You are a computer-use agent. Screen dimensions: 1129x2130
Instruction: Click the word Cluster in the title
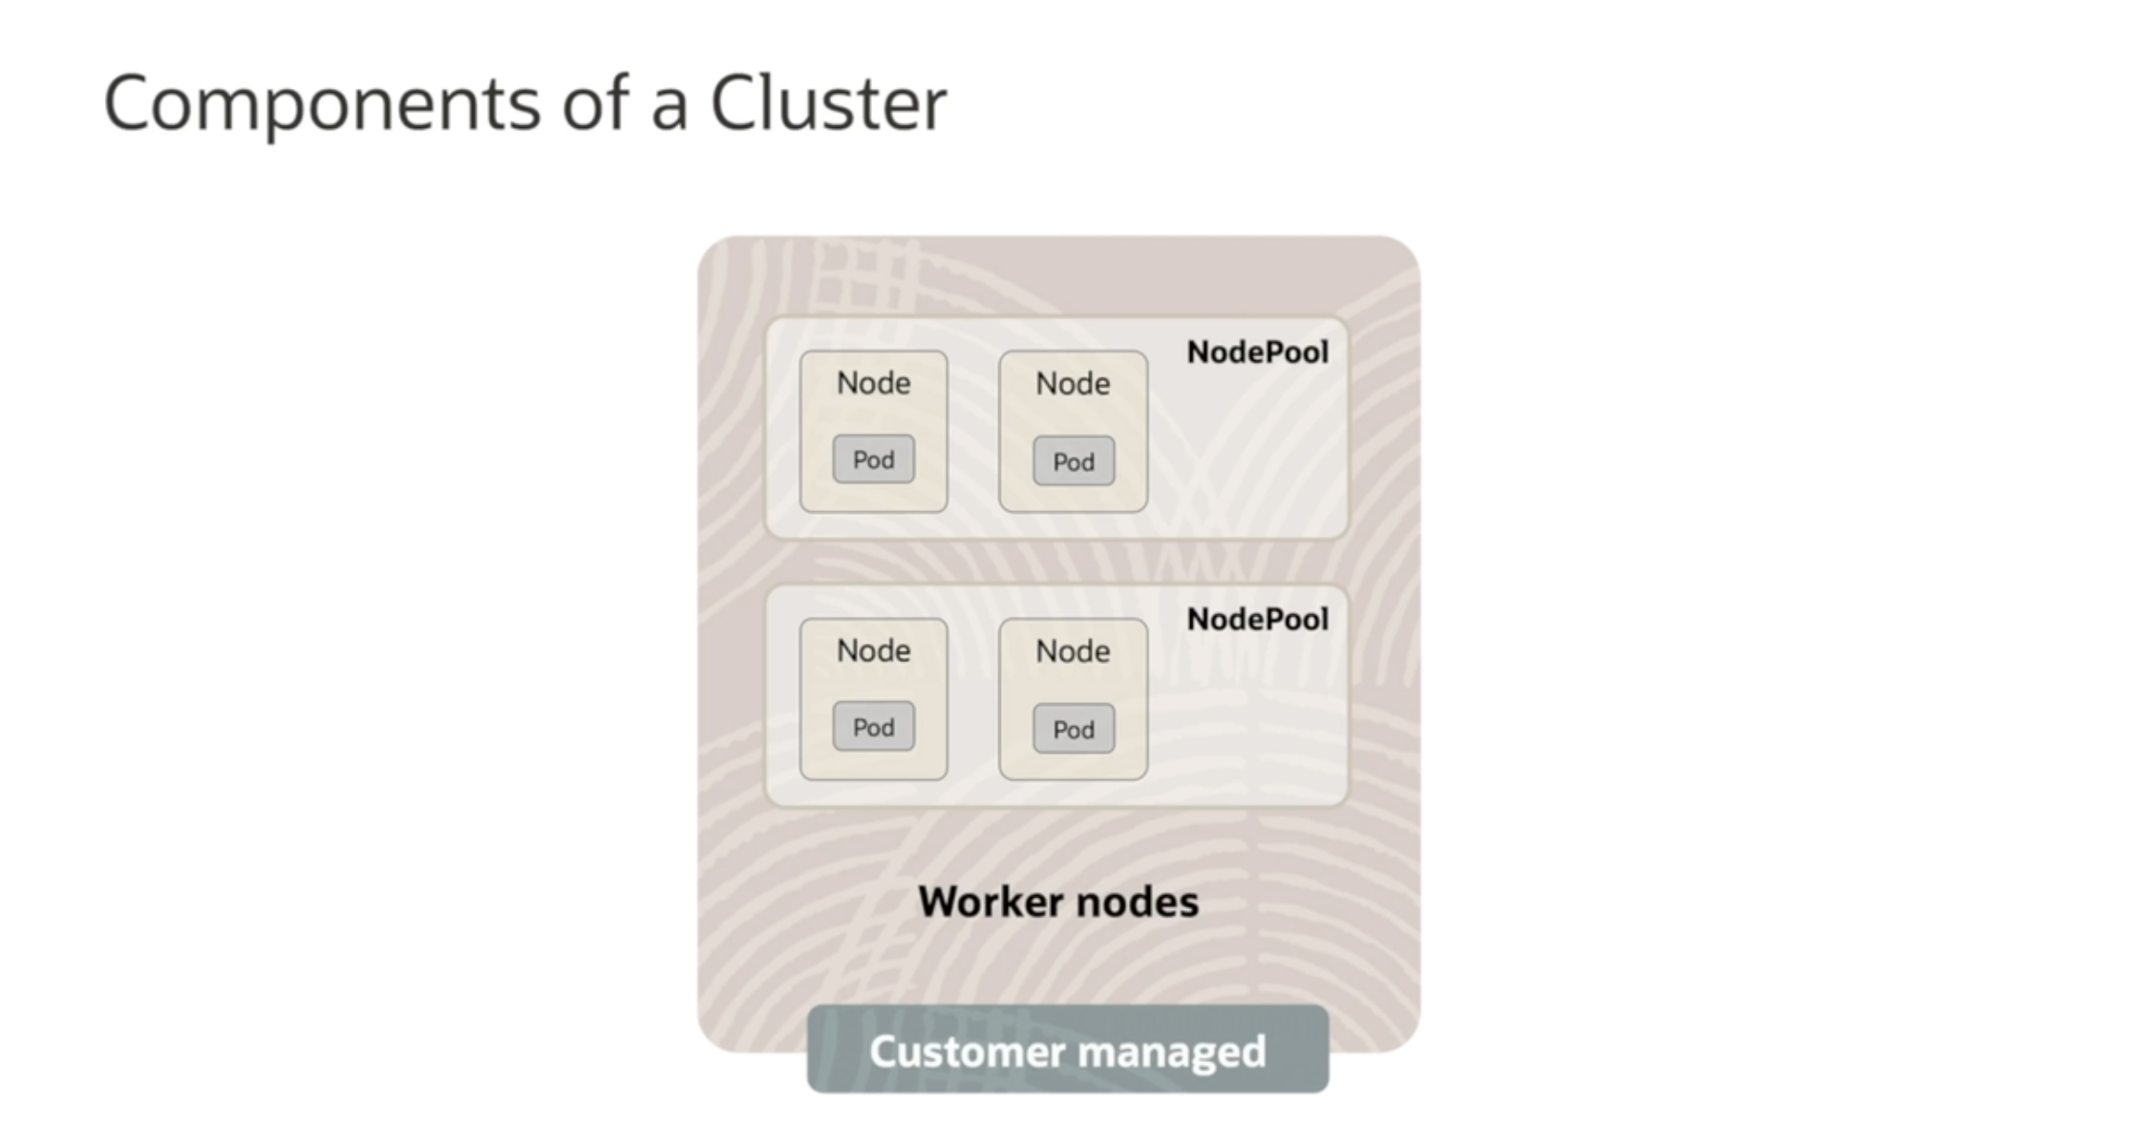coord(827,103)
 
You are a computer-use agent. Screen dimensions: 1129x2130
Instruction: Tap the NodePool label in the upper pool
coord(1257,352)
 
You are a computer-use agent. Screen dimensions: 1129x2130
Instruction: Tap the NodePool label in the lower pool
coord(1257,620)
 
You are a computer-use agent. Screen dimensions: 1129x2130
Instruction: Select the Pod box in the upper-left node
coord(873,459)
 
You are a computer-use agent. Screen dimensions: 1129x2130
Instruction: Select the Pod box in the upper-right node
coord(1074,461)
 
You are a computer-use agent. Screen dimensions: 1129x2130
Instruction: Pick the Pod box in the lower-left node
coord(873,727)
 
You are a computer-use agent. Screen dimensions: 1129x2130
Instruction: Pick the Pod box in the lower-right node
coord(1074,729)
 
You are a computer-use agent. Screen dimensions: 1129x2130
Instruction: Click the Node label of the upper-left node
coord(873,383)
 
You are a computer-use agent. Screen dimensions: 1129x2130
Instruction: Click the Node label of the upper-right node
coord(1073,384)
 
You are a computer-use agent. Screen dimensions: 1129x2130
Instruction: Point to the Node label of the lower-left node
coord(873,650)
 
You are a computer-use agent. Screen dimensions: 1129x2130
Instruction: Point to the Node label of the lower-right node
coord(1073,651)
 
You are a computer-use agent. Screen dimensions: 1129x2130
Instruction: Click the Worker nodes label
coord(1058,902)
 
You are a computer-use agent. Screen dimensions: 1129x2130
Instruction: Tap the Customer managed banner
coord(1068,1050)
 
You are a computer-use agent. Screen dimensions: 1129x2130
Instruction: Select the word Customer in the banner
coord(967,1052)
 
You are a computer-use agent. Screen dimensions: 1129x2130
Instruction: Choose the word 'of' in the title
coord(594,103)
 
